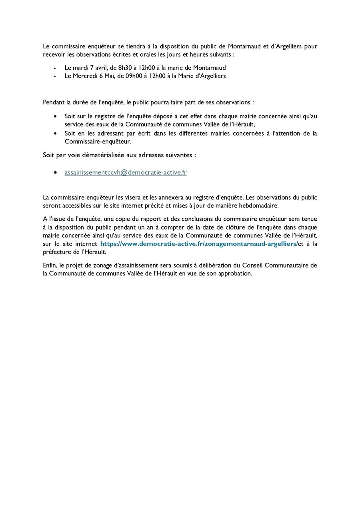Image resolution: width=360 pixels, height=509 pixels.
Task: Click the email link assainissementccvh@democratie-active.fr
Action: coord(126,173)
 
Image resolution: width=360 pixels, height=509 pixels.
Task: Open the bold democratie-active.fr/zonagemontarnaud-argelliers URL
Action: coord(199,244)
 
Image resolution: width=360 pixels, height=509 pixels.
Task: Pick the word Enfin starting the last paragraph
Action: coord(50,265)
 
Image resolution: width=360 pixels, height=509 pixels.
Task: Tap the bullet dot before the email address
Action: coord(55,173)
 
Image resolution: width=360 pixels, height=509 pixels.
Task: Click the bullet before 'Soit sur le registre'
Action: coord(55,116)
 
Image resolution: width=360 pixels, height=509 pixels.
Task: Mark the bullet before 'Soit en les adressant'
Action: coord(55,134)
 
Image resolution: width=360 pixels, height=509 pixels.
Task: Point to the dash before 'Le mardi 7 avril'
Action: coord(55,68)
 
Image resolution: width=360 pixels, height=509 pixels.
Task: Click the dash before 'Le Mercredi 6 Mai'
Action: coord(55,76)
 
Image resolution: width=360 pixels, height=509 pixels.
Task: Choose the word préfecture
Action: coord(57,252)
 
